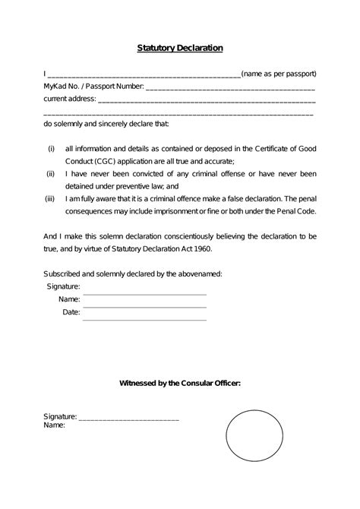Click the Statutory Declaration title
coord(180,48)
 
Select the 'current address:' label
coord(69,99)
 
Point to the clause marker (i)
coord(51,148)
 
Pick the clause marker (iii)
coord(50,198)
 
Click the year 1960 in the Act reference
coord(210,248)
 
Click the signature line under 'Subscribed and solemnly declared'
coord(144,293)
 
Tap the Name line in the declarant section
coord(144,306)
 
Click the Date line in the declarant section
coord(144,319)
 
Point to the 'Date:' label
coord(71,312)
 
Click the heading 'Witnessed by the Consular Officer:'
coord(180,383)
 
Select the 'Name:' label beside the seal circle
coord(54,425)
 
